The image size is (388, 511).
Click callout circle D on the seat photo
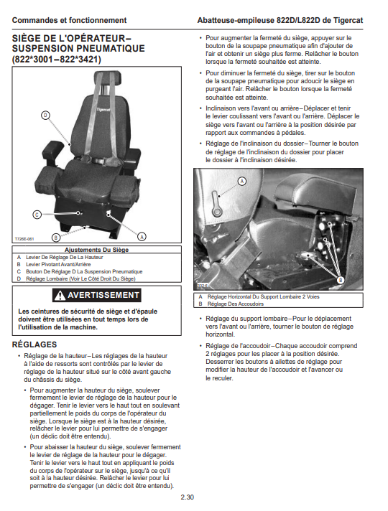tap(45, 115)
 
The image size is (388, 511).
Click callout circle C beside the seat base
tap(37, 215)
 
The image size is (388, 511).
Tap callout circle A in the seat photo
tap(142, 237)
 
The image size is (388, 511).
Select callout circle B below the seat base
tap(56, 238)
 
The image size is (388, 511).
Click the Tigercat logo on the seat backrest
tap(103, 110)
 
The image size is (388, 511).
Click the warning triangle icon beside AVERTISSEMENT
tap(60, 295)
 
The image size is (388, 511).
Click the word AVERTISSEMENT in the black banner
tap(103, 295)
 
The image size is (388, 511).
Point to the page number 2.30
tap(188, 497)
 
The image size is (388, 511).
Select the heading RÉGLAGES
tap(34, 344)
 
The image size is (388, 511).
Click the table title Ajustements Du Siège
tap(96, 250)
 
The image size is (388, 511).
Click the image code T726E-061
tap(24, 239)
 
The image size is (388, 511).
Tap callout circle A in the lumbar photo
tap(242, 181)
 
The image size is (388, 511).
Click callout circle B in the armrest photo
tap(341, 280)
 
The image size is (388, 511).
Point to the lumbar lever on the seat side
tap(216, 204)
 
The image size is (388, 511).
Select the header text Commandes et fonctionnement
tap(69, 20)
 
